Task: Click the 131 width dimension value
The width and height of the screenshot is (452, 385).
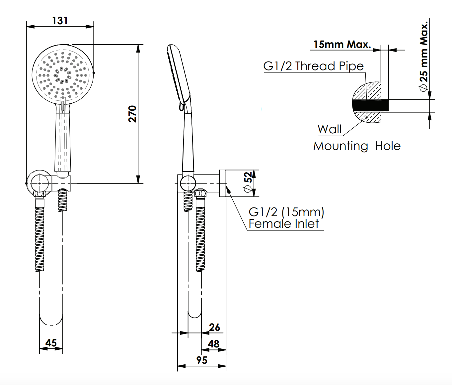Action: pos(60,21)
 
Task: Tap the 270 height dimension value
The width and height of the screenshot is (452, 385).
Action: pos(132,114)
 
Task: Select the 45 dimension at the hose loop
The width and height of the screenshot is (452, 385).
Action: pos(51,343)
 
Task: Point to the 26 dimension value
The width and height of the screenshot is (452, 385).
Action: pos(214,327)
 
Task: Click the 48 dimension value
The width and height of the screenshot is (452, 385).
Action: pos(214,344)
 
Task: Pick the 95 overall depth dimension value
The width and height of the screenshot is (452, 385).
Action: pos(202,360)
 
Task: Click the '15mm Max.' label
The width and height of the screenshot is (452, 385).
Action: pos(342,44)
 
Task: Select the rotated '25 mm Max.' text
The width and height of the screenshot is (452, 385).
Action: pos(424,57)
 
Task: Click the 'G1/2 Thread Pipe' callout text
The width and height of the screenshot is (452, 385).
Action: pos(313,66)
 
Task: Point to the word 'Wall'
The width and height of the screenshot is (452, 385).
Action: pos(329,129)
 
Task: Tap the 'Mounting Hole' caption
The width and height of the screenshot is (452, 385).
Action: pos(357,146)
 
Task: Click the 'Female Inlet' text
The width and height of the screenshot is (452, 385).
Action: pos(284,224)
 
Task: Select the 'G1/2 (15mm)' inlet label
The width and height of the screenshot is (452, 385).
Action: pos(286,212)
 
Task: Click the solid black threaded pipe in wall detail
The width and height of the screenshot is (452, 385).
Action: pos(370,106)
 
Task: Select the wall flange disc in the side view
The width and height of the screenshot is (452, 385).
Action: pos(222,183)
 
